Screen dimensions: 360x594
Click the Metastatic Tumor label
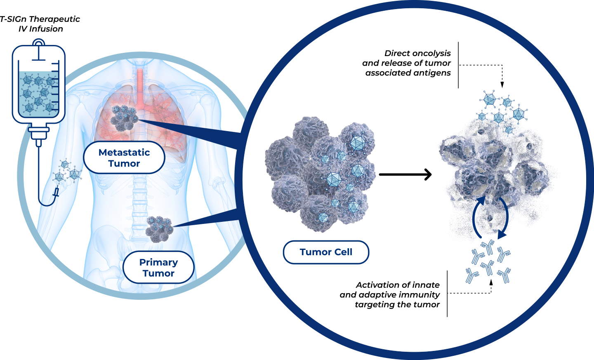124,158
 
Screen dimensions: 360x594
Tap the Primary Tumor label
158,268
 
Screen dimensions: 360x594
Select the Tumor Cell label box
326,252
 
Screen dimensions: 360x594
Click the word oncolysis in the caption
431,53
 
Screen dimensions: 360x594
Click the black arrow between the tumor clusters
405,174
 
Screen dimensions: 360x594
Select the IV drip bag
39,85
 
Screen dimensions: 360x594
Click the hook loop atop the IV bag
39,43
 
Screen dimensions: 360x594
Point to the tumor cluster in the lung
124,117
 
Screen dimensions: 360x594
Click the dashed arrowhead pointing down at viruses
502,85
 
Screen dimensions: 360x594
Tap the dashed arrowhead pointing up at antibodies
491,282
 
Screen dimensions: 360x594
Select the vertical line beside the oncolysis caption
458,65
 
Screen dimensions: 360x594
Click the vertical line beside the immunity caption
447,294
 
